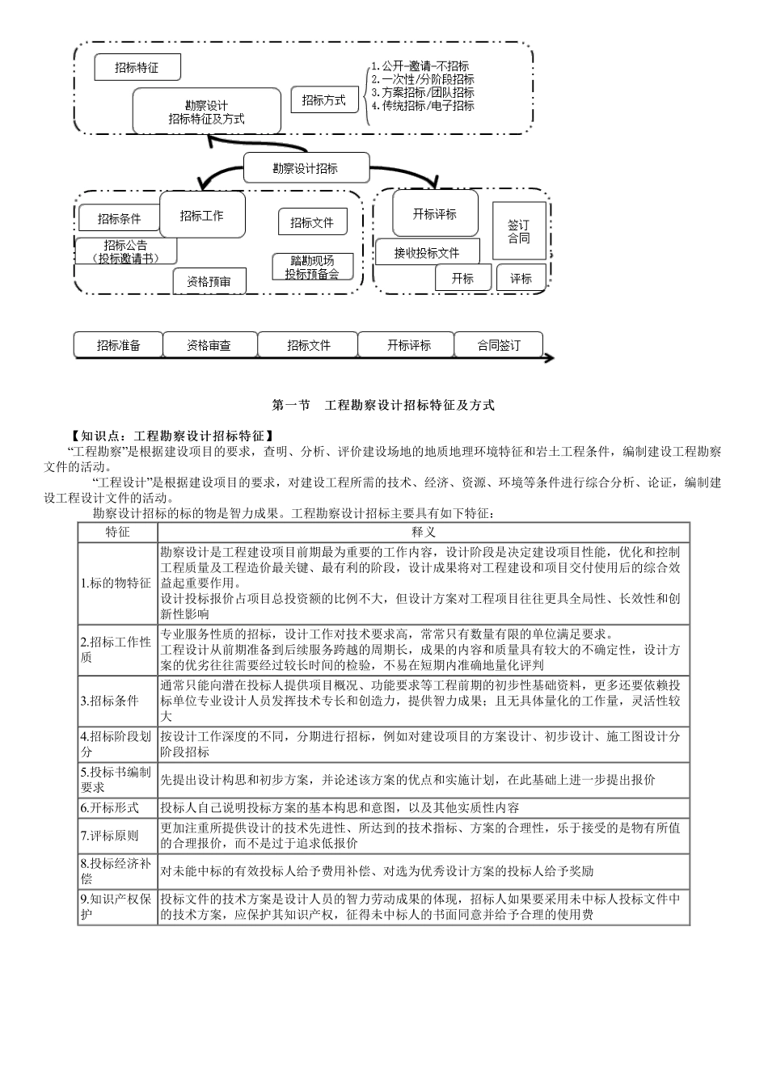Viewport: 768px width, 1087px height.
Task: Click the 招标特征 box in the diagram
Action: coord(137,67)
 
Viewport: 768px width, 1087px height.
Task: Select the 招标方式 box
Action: coord(323,100)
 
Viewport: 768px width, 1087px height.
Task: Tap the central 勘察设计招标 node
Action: coord(306,168)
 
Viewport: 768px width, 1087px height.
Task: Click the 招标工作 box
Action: coord(202,215)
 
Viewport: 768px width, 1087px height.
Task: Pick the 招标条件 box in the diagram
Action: coord(119,218)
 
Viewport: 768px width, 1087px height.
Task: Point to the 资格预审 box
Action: coord(209,281)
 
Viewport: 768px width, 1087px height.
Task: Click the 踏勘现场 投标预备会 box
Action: coord(313,267)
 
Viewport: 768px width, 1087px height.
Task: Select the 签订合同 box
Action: coord(519,231)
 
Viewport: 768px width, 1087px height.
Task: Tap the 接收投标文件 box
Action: coord(427,252)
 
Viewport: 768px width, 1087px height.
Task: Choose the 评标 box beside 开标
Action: coord(521,278)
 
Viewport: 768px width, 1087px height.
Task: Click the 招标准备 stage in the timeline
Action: coord(119,345)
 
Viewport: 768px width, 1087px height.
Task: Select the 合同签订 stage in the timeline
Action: coord(499,345)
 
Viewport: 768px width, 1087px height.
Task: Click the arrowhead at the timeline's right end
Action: coord(550,357)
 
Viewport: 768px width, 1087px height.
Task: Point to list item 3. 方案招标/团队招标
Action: coord(423,92)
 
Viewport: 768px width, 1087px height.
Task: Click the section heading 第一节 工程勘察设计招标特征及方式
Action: coord(383,406)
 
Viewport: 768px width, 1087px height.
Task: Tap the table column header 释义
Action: coord(424,532)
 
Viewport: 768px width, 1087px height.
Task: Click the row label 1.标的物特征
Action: coord(116,583)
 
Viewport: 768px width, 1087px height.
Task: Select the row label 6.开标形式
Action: coord(110,807)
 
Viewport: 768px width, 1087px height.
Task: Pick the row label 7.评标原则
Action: coord(110,836)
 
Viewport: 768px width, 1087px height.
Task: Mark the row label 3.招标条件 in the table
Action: coord(110,701)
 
